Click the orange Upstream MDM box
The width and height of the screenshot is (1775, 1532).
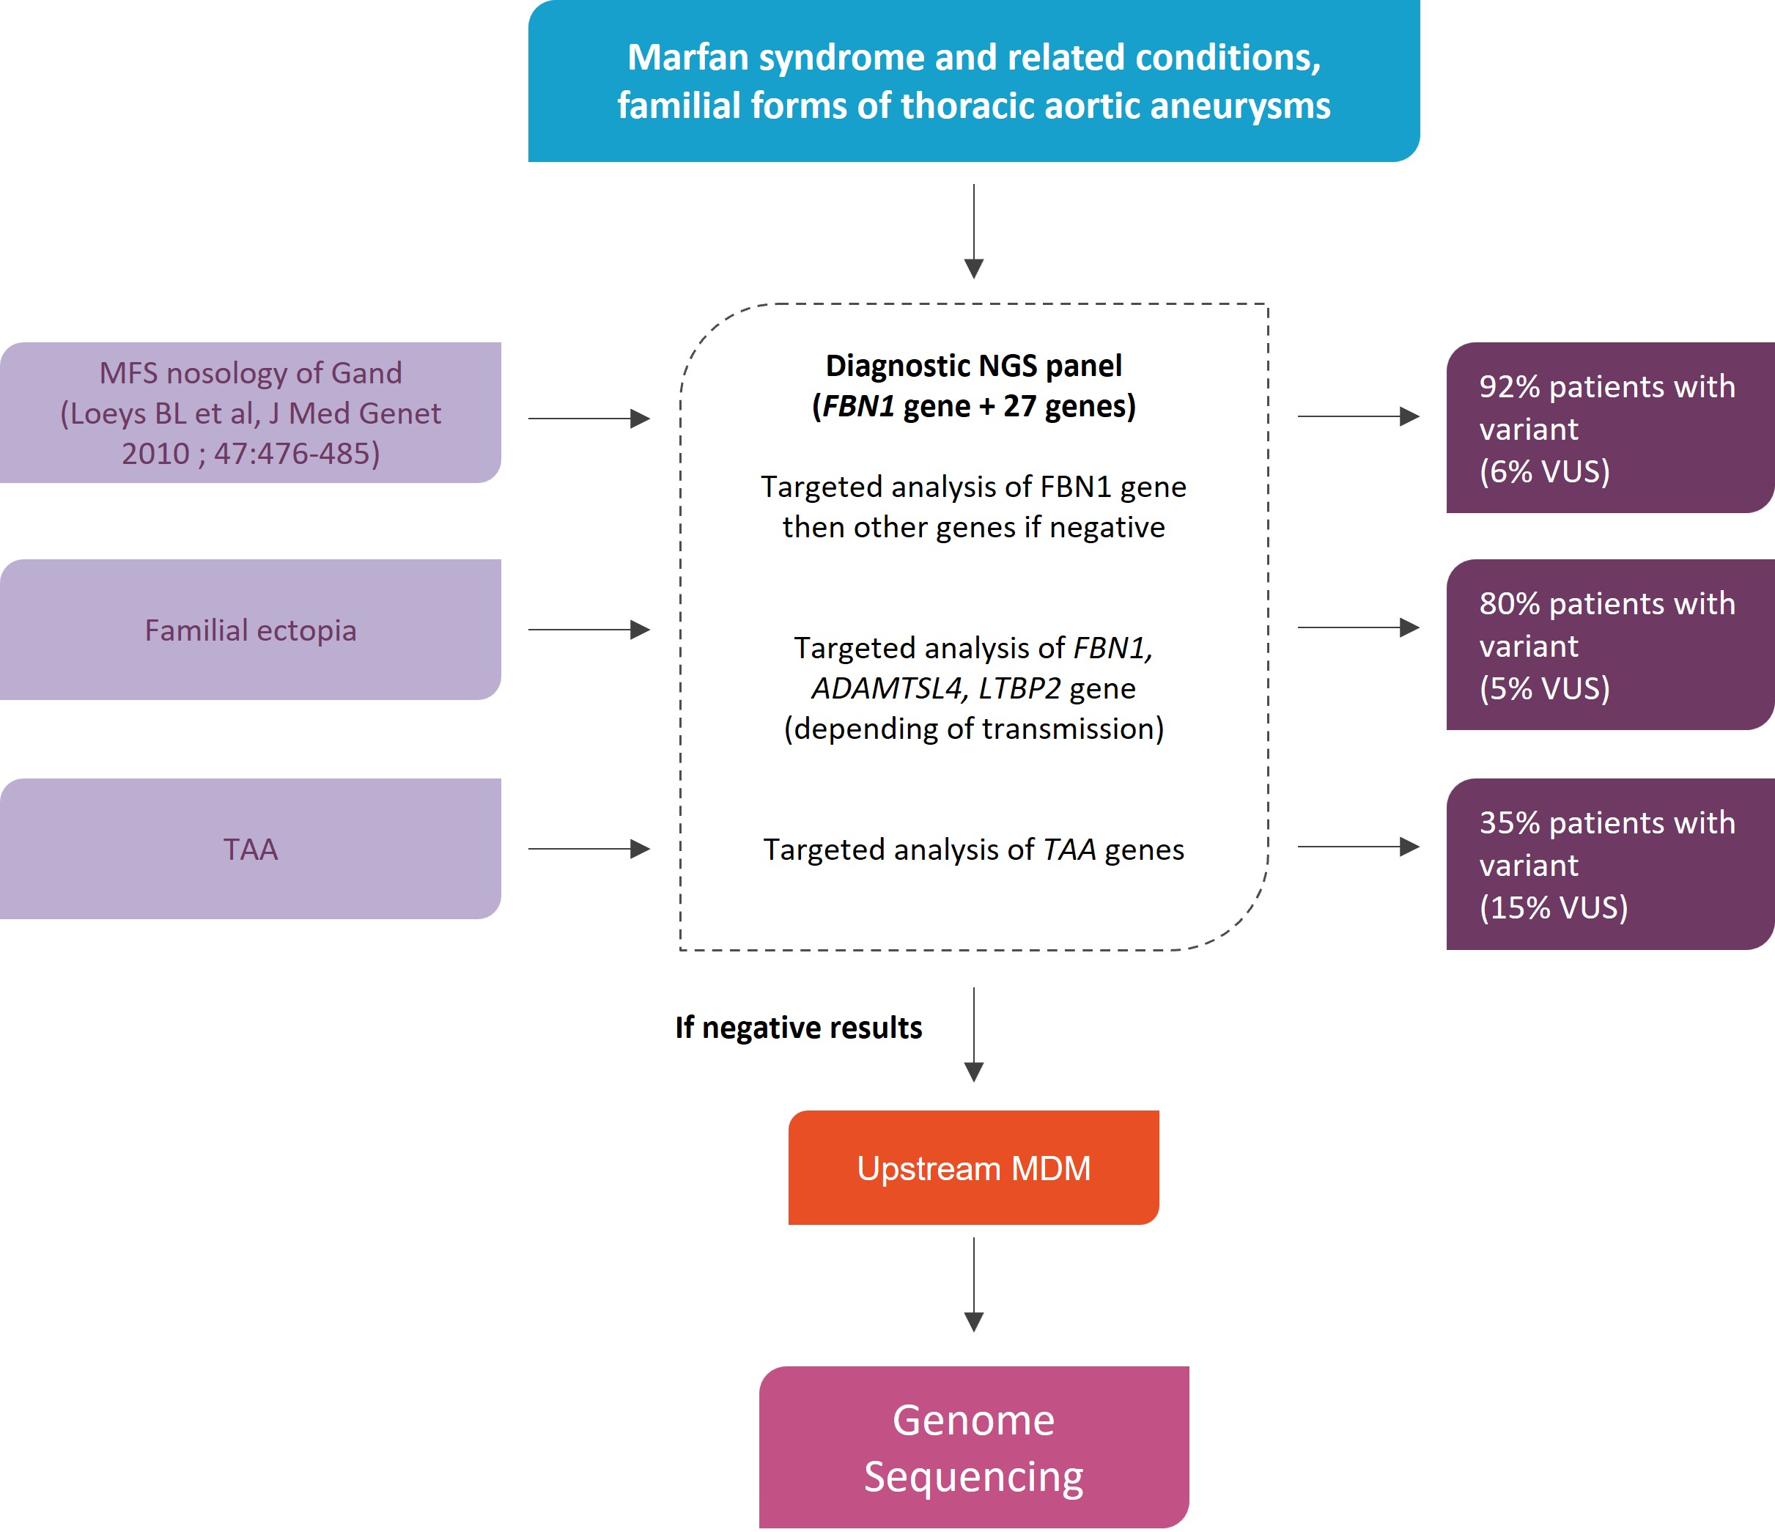pyautogui.click(x=973, y=1168)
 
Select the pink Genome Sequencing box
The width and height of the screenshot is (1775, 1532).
pyautogui.click(x=973, y=1447)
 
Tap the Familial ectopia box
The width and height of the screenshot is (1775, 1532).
pyautogui.click(x=250, y=630)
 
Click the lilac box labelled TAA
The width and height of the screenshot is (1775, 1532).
pyautogui.click(x=250, y=848)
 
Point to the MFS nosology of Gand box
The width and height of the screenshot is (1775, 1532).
pyautogui.click(x=250, y=413)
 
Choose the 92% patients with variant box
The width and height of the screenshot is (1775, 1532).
pyautogui.click(x=1609, y=427)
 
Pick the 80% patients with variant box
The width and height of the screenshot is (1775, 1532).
pyautogui.click(x=1609, y=644)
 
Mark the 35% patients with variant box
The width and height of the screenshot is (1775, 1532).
pyautogui.click(x=1609, y=863)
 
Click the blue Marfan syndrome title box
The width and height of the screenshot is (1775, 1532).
pyautogui.click(x=973, y=81)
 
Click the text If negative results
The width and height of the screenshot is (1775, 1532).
pyautogui.click(x=798, y=1028)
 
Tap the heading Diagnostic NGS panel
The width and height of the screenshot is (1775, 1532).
pyautogui.click(x=973, y=366)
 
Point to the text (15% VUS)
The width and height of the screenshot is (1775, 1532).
pyautogui.click(x=1553, y=907)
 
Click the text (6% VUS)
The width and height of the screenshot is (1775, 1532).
pyautogui.click(x=1545, y=471)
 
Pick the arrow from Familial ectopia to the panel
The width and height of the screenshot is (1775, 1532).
pyautogui.click(x=588, y=630)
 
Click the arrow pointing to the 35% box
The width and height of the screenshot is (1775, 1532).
pyautogui.click(x=1358, y=847)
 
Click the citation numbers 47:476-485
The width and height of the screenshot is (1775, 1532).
pyautogui.click(x=296, y=453)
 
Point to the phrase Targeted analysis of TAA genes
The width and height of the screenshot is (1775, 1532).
pyautogui.click(x=973, y=849)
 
